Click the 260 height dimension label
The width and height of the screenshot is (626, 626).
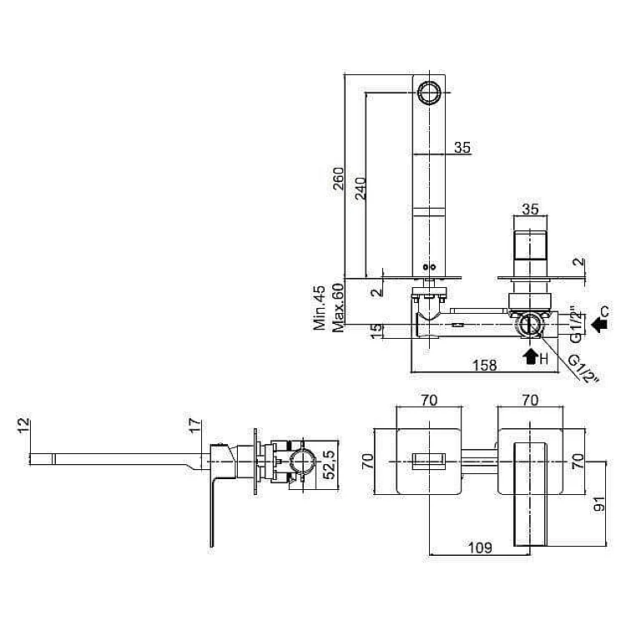pyautogui.click(x=338, y=179)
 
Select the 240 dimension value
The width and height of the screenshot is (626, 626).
pyautogui.click(x=361, y=189)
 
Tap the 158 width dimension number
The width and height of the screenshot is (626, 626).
pyautogui.click(x=484, y=366)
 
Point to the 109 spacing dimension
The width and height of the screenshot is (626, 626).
pyautogui.click(x=479, y=548)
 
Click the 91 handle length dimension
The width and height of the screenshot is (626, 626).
pyautogui.click(x=599, y=504)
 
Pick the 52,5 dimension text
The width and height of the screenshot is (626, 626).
pyautogui.click(x=330, y=465)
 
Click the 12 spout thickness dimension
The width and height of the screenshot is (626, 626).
pyautogui.click(x=23, y=425)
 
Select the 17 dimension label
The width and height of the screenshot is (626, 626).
pyautogui.click(x=194, y=426)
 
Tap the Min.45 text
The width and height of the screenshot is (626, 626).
pyautogui.click(x=320, y=308)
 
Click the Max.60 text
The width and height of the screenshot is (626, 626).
pyautogui.click(x=338, y=308)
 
